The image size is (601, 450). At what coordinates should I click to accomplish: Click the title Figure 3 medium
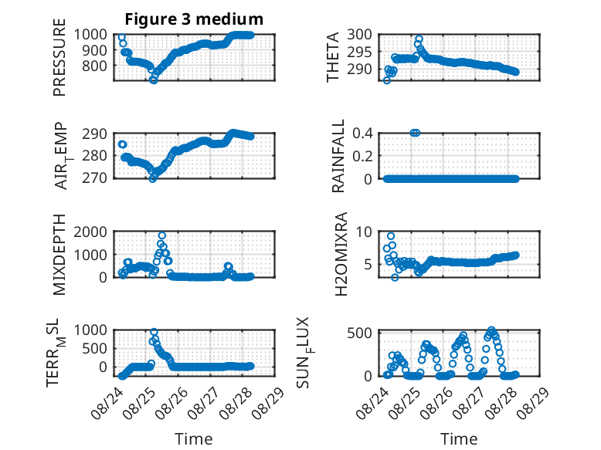pos(194,19)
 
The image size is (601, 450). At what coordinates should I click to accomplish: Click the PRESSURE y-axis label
pos(59,57)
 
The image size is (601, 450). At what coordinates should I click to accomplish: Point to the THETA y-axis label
pos(333,57)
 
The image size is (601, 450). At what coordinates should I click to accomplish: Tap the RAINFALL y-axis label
pos(338,156)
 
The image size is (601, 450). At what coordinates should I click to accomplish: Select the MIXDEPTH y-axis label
pos(59,255)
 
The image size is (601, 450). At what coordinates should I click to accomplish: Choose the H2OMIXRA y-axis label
pos(341,254)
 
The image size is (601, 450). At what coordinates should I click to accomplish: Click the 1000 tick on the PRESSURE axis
pos(90,35)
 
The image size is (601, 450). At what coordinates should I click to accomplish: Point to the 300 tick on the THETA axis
pos(359,35)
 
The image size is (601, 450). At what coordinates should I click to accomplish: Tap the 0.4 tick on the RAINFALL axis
pos(362,134)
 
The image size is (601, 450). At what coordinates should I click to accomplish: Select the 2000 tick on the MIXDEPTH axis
pos(90,232)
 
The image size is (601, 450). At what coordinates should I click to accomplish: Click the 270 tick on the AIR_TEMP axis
pos(94,178)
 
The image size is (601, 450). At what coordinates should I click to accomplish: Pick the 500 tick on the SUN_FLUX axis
pos(359,333)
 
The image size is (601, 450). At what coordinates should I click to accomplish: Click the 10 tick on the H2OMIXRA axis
pos(364,232)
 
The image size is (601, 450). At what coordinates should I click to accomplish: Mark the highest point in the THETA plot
pos(419,39)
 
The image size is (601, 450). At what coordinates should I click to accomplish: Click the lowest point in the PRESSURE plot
pos(153,80)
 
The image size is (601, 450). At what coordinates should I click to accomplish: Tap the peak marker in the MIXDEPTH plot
pos(162,235)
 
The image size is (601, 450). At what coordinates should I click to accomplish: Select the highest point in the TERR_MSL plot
pos(154,332)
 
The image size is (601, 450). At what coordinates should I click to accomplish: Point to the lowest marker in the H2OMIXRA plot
pos(395,277)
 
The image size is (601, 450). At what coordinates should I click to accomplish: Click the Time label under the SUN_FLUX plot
pos(459,439)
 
